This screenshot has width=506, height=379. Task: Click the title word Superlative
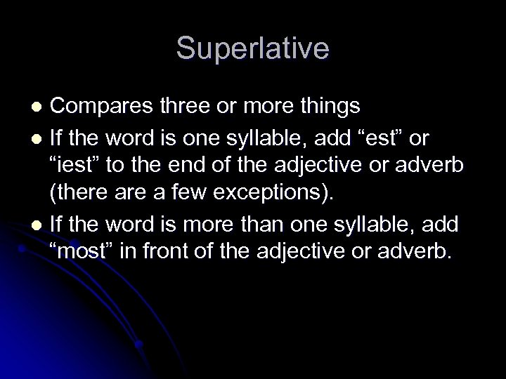click(x=252, y=48)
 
